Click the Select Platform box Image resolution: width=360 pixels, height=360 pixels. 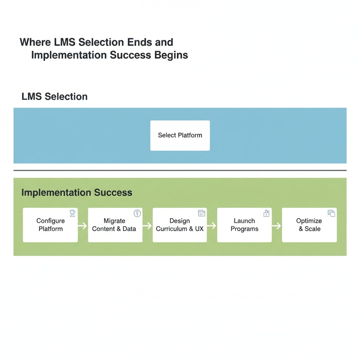tap(180, 135)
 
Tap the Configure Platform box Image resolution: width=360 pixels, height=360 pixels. tap(50, 225)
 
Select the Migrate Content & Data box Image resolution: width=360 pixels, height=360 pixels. tap(115, 225)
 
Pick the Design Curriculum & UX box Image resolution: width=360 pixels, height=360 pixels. tap(180, 225)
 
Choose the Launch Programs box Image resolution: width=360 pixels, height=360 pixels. tap(244, 225)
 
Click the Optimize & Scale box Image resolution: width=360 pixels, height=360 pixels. tap(309, 225)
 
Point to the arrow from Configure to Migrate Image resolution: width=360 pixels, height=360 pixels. tap(83, 225)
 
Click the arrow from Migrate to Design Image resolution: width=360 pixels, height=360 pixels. tap(147, 225)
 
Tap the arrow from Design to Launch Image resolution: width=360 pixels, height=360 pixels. tap(212, 225)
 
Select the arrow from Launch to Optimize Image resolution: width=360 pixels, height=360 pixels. tap(277, 225)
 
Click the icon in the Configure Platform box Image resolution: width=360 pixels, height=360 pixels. tap(72, 213)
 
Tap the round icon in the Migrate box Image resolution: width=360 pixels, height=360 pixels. tap(137, 213)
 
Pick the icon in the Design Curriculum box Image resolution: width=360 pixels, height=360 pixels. tap(201, 213)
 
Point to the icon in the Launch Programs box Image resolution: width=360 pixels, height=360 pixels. tap(266, 213)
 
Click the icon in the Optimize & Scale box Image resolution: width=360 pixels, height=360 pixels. tap(331, 213)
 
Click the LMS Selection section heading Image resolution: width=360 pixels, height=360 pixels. tap(54, 96)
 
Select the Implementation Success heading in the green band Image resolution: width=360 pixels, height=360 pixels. tap(77, 192)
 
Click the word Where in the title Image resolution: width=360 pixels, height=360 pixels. tap(36, 42)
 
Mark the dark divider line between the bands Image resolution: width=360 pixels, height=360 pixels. tap(180, 170)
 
